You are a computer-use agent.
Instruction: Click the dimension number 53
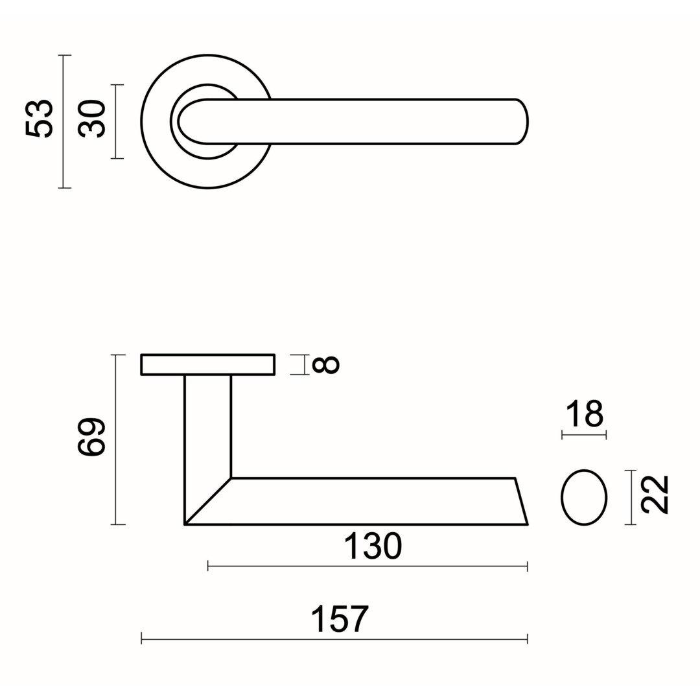[39, 119]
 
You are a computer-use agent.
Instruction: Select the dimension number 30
[91, 119]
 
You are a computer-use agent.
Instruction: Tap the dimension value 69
[91, 437]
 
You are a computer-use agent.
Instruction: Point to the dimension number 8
[326, 365]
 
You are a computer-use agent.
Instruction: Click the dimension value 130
[373, 546]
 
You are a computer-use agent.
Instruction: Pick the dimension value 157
[340, 619]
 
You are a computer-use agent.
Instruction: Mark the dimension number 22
[655, 495]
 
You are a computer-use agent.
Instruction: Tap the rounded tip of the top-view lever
[527, 121]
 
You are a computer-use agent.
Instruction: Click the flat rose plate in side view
[207, 365]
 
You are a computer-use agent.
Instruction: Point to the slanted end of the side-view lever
[522, 501]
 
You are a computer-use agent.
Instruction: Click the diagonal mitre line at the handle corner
[207, 501]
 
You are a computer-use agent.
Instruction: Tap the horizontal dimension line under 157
[334, 639]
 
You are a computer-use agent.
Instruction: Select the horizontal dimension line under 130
[368, 566]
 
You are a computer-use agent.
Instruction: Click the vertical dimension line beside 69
[117, 439]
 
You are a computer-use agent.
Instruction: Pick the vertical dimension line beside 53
[64, 121]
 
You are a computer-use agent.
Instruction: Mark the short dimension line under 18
[584, 434]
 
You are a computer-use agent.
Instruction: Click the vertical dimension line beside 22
[631, 497]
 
